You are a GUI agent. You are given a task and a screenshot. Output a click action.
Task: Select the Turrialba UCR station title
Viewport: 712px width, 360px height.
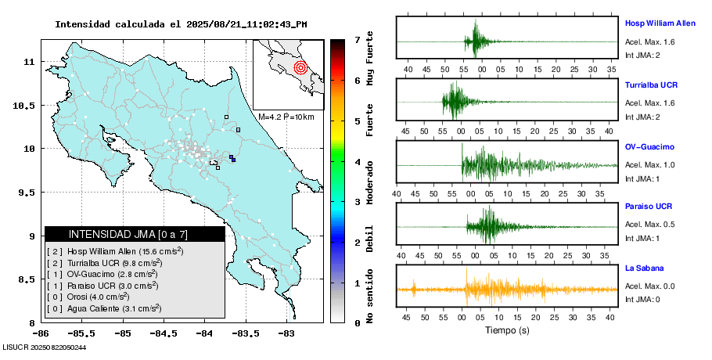pos(651,84)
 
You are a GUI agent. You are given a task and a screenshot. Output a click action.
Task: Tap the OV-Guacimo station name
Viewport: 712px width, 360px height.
pos(649,146)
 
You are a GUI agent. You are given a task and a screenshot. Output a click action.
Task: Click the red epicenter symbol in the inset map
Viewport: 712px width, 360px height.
pos(300,67)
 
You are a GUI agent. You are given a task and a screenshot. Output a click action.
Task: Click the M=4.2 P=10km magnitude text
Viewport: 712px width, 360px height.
pos(286,117)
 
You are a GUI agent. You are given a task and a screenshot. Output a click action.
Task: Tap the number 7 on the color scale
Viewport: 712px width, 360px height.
pos(357,39)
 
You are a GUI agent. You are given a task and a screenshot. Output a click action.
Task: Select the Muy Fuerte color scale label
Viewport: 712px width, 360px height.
pos(370,60)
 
